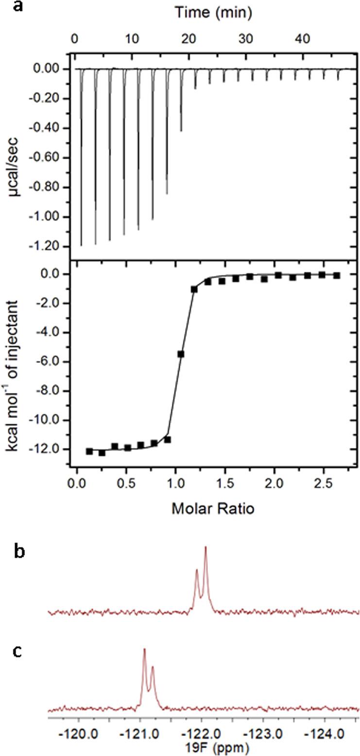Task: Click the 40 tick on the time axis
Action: coord(304,39)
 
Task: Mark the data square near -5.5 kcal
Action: coord(181,354)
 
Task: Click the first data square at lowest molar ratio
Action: coord(89,451)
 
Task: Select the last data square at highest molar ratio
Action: coord(336,275)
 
